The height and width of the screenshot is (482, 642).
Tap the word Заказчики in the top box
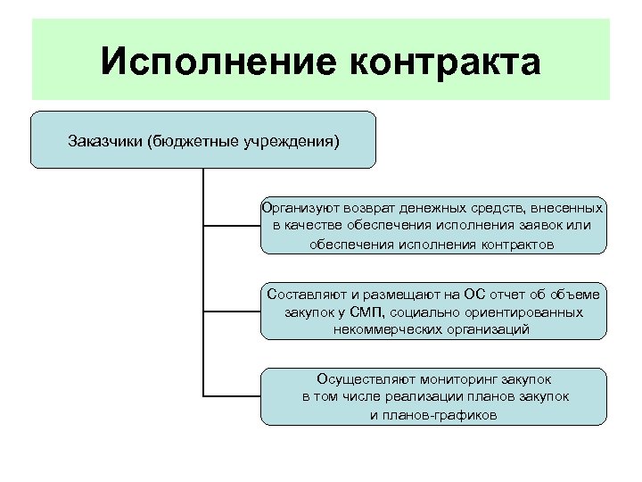point(106,141)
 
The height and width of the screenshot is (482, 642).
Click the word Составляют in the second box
point(303,294)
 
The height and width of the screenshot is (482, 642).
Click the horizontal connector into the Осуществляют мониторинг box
point(232,394)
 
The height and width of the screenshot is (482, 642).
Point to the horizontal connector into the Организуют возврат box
point(232,226)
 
